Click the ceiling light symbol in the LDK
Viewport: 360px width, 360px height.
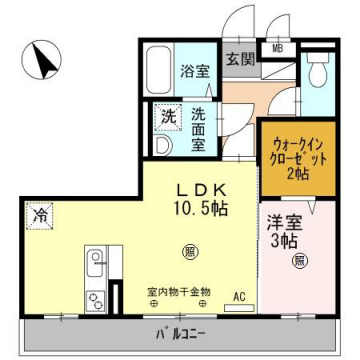tap(188, 250)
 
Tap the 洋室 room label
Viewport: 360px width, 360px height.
tap(283, 223)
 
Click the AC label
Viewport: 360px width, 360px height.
tap(239, 296)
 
